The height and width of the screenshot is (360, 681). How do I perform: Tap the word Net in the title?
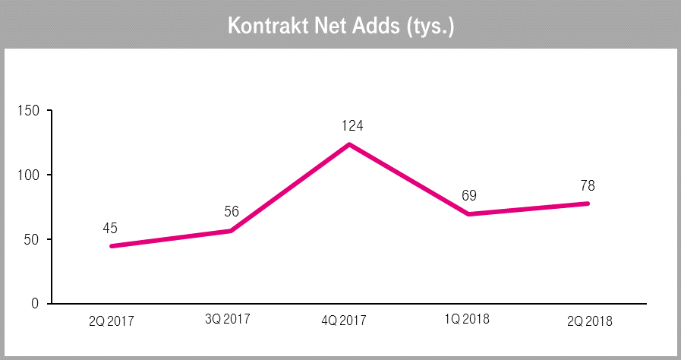point(327,25)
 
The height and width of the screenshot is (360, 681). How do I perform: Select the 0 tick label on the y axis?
point(35,304)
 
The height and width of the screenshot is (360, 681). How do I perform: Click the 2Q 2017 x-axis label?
point(111,321)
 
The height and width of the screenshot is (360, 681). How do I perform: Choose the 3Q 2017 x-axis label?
point(230,319)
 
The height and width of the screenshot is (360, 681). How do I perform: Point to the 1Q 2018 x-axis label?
point(468,319)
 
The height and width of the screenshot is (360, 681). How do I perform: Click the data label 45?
point(112,228)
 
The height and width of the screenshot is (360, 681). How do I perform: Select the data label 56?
point(231,212)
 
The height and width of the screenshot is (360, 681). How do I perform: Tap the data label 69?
point(468,195)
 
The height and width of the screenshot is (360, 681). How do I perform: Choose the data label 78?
point(588,185)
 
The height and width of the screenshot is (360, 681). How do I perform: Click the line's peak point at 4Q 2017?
point(349,144)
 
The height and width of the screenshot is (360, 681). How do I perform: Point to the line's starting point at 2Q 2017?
point(112,246)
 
